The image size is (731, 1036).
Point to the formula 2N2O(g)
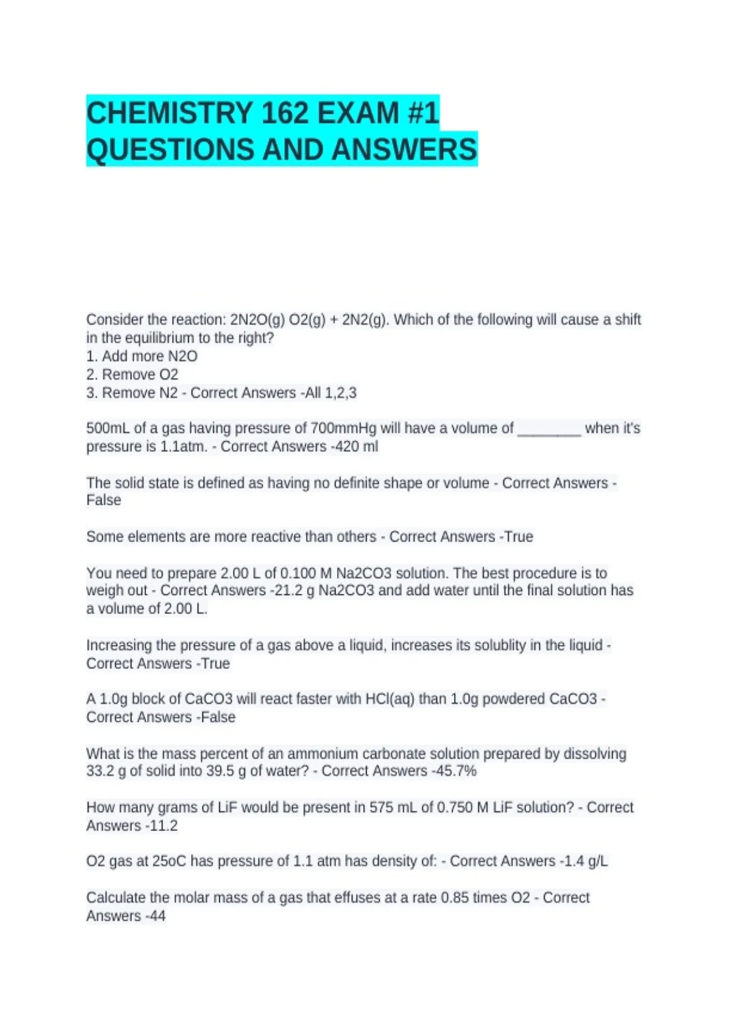click(x=258, y=320)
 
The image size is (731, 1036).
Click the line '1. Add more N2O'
click(x=142, y=357)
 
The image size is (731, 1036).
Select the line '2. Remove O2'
click(x=132, y=375)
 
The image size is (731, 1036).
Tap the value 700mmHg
click(x=344, y=428)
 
